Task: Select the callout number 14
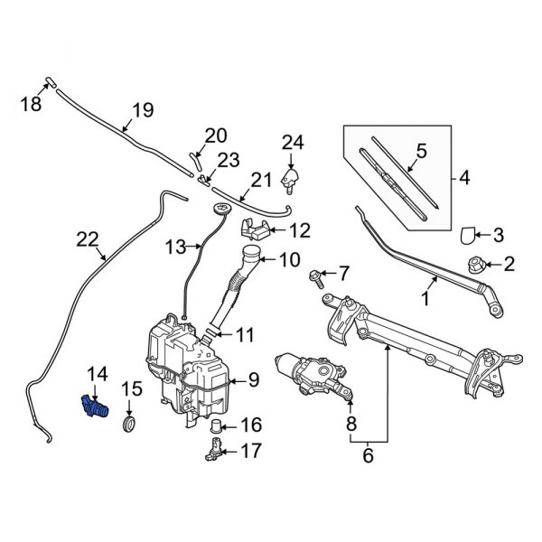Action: (x=95, y=372)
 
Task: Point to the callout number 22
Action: (x=87, y=238)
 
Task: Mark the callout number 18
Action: (x=31, y=105)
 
